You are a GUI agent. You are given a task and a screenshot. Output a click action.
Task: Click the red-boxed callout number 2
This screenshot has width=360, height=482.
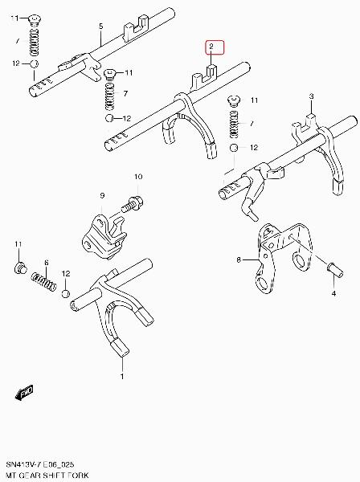(x=211, y=47)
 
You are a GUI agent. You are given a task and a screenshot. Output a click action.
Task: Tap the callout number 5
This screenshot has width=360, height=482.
(x=101, y=27)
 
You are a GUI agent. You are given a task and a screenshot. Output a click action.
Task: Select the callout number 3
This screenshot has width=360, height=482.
(x=312, y=96)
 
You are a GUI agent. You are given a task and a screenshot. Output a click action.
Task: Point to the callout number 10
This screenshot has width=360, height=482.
(x=138, y=177)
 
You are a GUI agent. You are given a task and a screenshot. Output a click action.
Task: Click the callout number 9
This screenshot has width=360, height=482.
(x=102, y=195)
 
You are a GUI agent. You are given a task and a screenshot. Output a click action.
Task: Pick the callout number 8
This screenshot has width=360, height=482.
(x=239, y=260)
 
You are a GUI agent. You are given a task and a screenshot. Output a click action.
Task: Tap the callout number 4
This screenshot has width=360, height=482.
(x=333, y=293)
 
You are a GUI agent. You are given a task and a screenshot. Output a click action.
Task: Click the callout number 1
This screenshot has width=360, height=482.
(x=122, y=376)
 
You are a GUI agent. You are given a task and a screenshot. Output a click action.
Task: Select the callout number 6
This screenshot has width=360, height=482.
(x=47, y=263)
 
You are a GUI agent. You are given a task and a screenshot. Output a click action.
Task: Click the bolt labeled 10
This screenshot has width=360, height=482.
(x=133, y=203)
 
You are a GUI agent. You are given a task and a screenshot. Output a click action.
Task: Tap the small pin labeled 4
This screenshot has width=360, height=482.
(x=335, y=271)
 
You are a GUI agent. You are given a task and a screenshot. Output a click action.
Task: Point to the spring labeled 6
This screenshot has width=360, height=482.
(x=44, y=282)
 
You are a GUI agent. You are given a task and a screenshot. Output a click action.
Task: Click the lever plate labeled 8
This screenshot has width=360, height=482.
(x=283, y=256)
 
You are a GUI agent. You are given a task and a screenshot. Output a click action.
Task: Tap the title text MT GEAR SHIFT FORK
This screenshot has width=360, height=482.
(x=47, y=476)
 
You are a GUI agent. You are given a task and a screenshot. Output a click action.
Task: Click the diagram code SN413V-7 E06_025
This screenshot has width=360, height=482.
(x=40, y=464)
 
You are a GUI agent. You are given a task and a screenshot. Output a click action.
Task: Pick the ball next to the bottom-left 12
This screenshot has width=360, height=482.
(x=65, y=293)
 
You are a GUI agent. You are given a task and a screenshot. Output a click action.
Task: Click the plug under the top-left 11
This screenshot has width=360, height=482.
(x=35, y=19)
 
